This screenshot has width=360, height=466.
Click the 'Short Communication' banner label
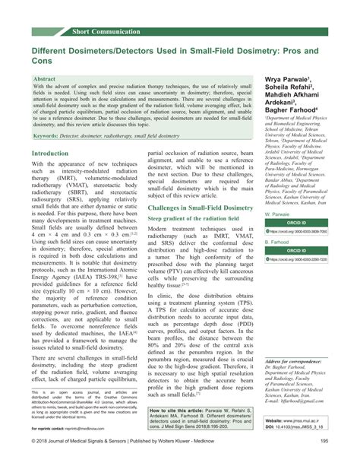[106, 30]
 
